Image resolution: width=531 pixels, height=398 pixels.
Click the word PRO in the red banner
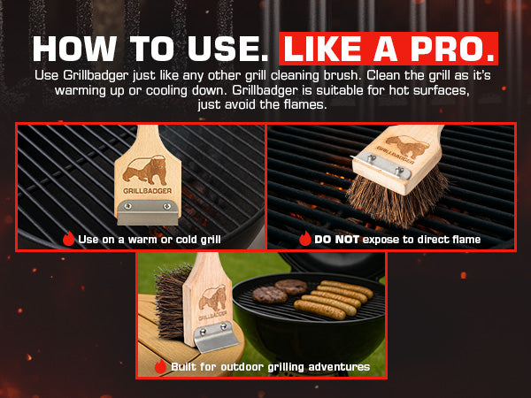pyautogui.click(x=450, y=49)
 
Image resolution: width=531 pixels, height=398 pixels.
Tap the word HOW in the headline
pyautogui.click(x=74, y=49)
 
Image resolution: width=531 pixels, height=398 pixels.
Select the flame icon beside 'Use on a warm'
pyautogui.click(x=68, y=239)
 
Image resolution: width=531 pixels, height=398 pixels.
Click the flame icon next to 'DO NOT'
pyautogui.click(x=305, y=239)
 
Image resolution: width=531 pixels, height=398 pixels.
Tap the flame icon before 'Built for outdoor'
pyautogui.click(x=160, y=366)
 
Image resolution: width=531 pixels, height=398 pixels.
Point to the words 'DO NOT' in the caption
pyautogui.click(x=336, y=240)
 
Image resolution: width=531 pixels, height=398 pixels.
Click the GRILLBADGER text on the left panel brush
pyautogui.click(x=147, y=191)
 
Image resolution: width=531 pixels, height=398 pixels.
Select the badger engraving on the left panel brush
pyautogui.click(x=144, y=170)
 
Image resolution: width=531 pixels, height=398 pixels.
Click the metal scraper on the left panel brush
pyautogui.click(x=148, y=212)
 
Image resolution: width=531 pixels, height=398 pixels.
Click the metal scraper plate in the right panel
pyautogui.click(x=381, y=166)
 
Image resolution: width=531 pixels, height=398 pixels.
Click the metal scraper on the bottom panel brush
pyautogui.click(x=216, y=338)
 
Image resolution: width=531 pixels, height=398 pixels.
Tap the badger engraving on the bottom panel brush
pyautogui.click(x=212, y=298)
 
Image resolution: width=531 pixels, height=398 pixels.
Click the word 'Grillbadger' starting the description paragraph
pyautogui.click(x=96, y=75)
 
